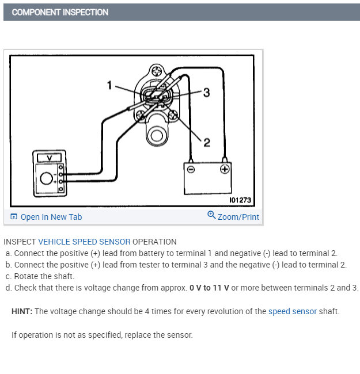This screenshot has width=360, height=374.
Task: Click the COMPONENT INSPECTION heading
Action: click(x=60, y=12)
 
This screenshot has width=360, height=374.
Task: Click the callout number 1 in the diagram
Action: click(x=109, y=85)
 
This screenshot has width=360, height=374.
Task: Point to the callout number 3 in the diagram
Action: click(x=206, y=92)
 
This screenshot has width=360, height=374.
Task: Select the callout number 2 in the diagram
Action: click(x=206, y=142)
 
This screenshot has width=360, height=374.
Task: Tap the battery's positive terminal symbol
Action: click(x=225, y=169)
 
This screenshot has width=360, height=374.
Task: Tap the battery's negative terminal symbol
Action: click(x=191, y=169)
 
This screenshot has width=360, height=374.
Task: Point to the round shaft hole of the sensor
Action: click(x=156, y=136)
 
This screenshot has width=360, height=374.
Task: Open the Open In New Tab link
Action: click(x=51, y=217)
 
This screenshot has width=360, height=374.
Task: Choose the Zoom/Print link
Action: click(x=238, y=217)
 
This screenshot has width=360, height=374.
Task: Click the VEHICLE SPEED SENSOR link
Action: click(x=84, y=242)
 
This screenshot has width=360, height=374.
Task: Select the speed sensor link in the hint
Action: click(x=292, y=311)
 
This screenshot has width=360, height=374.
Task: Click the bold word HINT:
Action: click(x=22, y=311)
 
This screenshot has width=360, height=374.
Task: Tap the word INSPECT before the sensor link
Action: click(x=20, y=242)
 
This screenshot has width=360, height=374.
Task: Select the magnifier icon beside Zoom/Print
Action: click(x=211, y=215)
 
